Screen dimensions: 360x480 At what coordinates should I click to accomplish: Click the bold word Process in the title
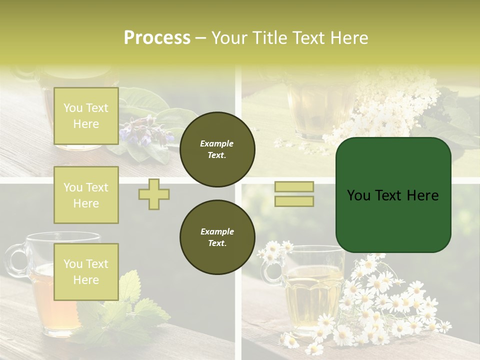pyautogui.click(x=157, y=38)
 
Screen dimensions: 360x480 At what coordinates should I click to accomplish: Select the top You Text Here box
pyautogui.click(x=86, y=116)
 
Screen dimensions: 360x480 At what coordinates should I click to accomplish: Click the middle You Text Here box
pyautogui.click(x=86, y=195)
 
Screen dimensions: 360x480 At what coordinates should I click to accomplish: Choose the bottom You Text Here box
pyautogui.click(x=86, y=272)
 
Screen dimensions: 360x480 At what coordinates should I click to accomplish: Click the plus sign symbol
pyautogui.click(x=154, y=194)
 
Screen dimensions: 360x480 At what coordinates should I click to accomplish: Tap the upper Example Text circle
pyautogui.click(x=217, y=149)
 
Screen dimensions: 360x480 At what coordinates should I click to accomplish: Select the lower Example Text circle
pyautogui.click(x=217, y=237)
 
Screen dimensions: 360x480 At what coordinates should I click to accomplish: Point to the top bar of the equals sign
pyautogui.click(x=294, y=187)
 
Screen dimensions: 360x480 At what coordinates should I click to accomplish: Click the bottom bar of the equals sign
pyautogui.click(x=294, y=201)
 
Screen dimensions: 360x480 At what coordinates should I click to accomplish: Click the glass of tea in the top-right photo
pyautogui.click(x=315, y=110)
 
